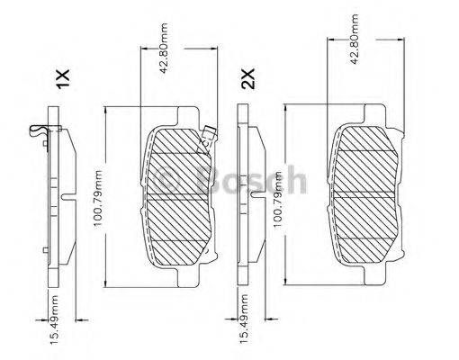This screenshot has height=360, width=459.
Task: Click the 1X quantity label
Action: [61, 80]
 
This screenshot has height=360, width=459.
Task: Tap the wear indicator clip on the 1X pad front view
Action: [209, 134]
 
